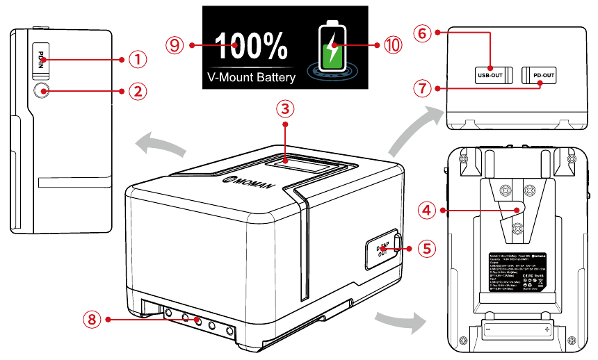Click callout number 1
(x=138, y=60)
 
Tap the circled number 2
(x=138, y=90)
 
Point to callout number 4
(x=428, y=208)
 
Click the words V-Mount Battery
(x=251, y=77)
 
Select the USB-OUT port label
(x=490, y=75)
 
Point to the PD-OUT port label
(x=544, y=75)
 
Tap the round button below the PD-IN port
(x=41, y=90)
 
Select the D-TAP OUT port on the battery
(x=381, y=250)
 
